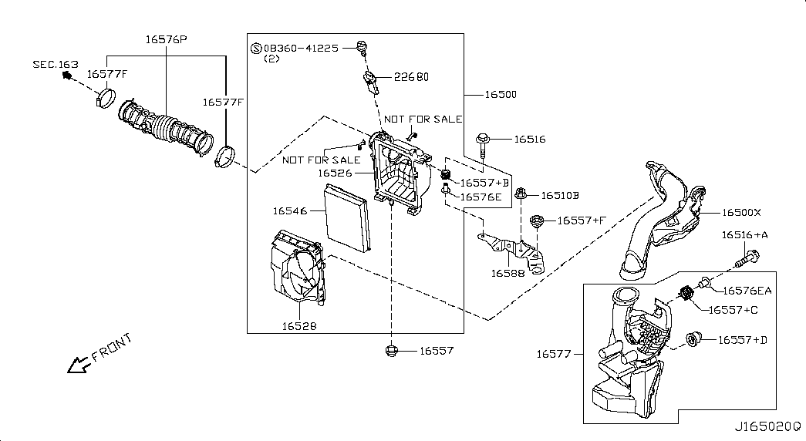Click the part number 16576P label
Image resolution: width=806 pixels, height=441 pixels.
167,39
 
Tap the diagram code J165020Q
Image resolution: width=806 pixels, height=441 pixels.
767,426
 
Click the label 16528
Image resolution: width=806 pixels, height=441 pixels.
300,326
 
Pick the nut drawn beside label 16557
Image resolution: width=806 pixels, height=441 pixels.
391,351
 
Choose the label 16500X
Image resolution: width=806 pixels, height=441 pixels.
741,212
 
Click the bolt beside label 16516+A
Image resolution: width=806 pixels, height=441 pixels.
744,260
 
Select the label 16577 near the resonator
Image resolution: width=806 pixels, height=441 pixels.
554,354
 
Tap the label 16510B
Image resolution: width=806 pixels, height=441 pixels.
559,196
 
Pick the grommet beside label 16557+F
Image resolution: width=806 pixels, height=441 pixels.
538,222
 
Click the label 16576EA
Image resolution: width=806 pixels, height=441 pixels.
747,291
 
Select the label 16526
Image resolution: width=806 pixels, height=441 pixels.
335,173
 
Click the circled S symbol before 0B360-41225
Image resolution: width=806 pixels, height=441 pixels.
256,48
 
